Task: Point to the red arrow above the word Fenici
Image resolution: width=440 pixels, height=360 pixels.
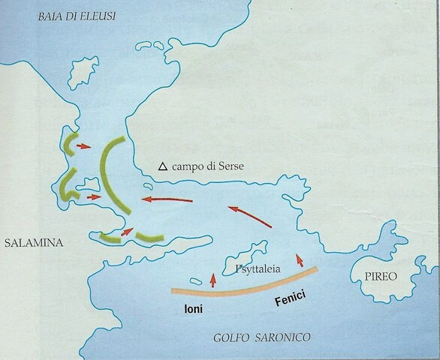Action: tap(301, 261)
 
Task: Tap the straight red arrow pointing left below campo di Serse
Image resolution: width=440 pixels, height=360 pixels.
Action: tap(169, 199)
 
